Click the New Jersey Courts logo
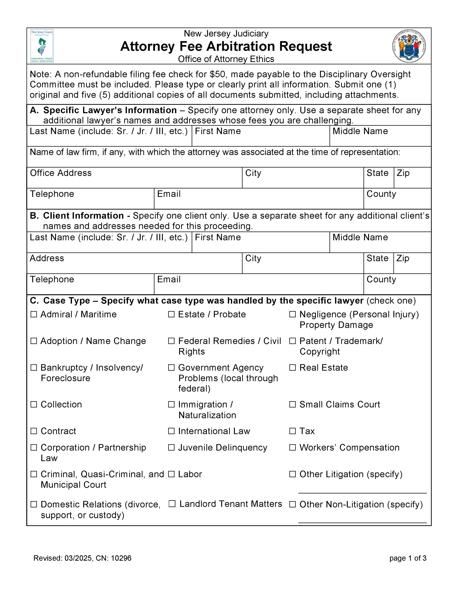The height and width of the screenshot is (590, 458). pos(42,46)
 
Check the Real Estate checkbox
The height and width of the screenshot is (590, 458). pos(292,367)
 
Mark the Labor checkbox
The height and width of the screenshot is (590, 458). pos(171,474)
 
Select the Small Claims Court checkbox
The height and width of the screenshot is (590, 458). pos(292,404)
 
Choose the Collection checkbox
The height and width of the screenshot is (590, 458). pos(34,404)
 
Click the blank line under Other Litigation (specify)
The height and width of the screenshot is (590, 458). pos(362,490)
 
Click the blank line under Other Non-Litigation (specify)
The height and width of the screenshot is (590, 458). pos(362,519)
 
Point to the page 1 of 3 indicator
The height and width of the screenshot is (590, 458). pos(408,558)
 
